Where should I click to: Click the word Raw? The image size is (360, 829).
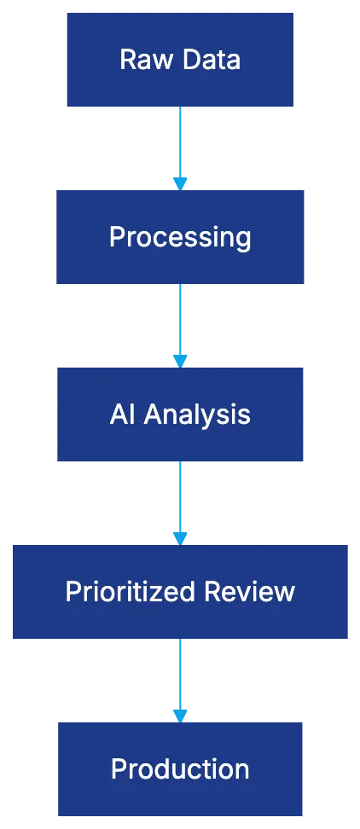pyautogui.click(x=138, y=60)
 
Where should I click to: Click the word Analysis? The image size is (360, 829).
pyautogui.click(x=197, y=414)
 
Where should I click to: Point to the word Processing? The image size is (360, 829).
pyautogui.click(x=180, y=237)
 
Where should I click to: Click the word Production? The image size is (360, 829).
pyautogui.click(x=180, y=769)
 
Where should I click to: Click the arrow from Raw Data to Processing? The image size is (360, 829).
pyautogui.click(x=180, y=141)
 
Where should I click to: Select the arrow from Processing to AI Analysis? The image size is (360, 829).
pyautogui.click(x=180, y=320)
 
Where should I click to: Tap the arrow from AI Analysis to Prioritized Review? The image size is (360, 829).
pyautogui.click(x=180, y=497)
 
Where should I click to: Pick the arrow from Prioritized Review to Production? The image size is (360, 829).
pyautogui.click(x=180, y=674)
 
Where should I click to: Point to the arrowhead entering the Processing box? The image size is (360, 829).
pyautogui.click(x=180, y=183)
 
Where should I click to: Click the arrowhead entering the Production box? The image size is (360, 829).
pyautogui.click(x=180, y=715)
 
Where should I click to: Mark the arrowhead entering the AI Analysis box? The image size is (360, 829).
pyautogui.click(x=180, y=361)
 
